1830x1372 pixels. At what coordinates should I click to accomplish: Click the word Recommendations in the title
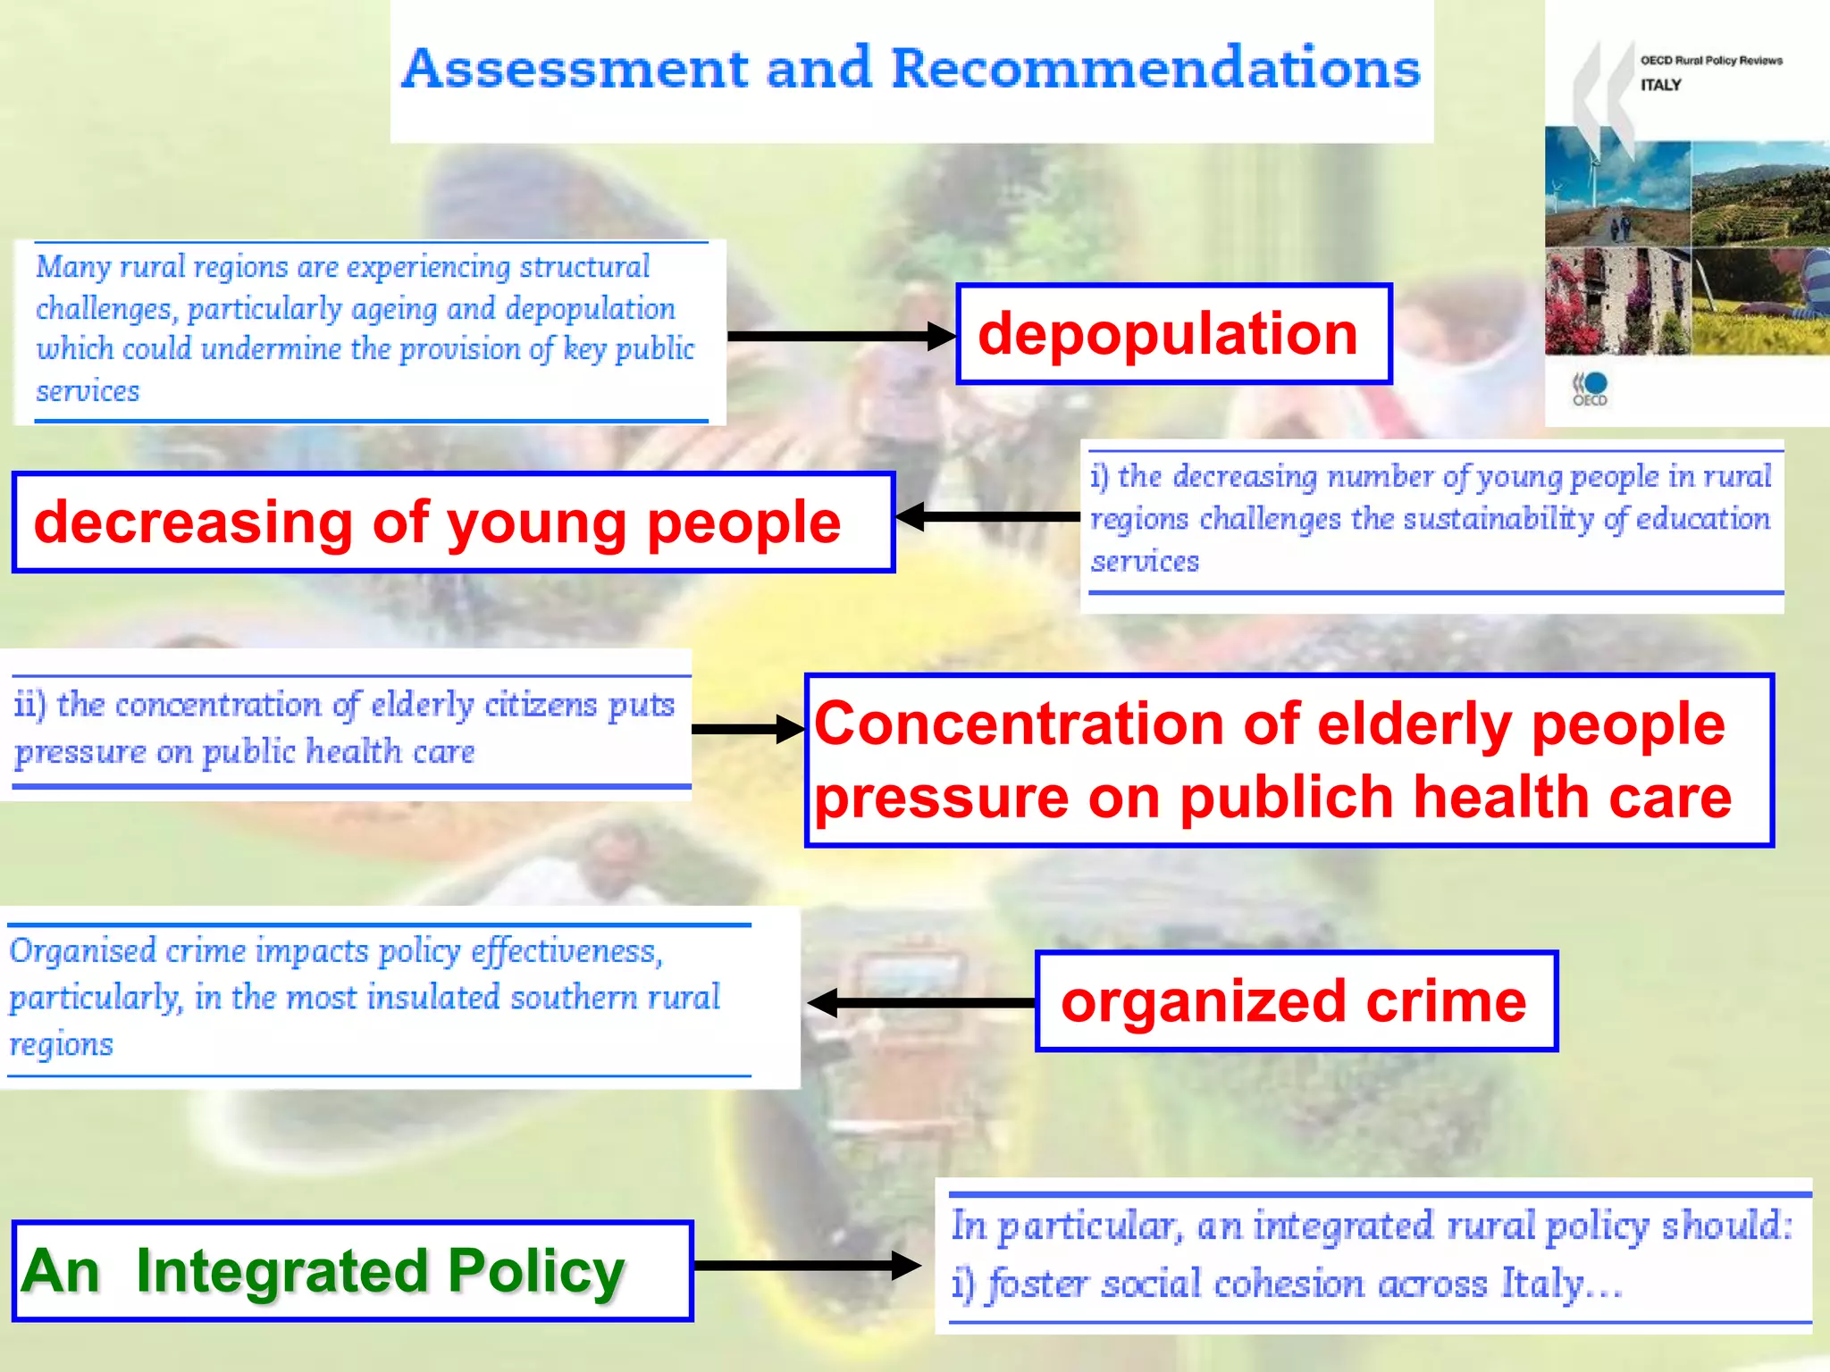coord(1155,69)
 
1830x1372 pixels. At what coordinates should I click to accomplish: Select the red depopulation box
coord(1173,334)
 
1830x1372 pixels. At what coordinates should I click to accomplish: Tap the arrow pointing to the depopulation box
coord(840,336)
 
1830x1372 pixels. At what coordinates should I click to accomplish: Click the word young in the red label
coord(536,523)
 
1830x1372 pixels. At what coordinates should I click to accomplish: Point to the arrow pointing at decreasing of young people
coord(986,516)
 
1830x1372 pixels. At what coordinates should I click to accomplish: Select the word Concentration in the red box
coord(1019,724)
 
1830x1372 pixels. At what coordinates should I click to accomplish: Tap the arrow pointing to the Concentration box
coord(747,729)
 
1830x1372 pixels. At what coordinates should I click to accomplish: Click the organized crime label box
coord(1295,1001)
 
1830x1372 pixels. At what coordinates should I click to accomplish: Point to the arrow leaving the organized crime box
coord(920,1002)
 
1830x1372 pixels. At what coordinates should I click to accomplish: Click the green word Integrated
coord(281,1270)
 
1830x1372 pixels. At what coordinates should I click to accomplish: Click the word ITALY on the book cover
coord(1660,86)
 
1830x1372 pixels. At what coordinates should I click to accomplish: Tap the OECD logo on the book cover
coord(1590,389)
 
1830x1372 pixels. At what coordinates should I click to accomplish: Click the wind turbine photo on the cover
coord(1617,186)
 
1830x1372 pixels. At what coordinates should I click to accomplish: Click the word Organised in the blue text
coord(82,950)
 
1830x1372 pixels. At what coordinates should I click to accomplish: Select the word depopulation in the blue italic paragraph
coord(590,308)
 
